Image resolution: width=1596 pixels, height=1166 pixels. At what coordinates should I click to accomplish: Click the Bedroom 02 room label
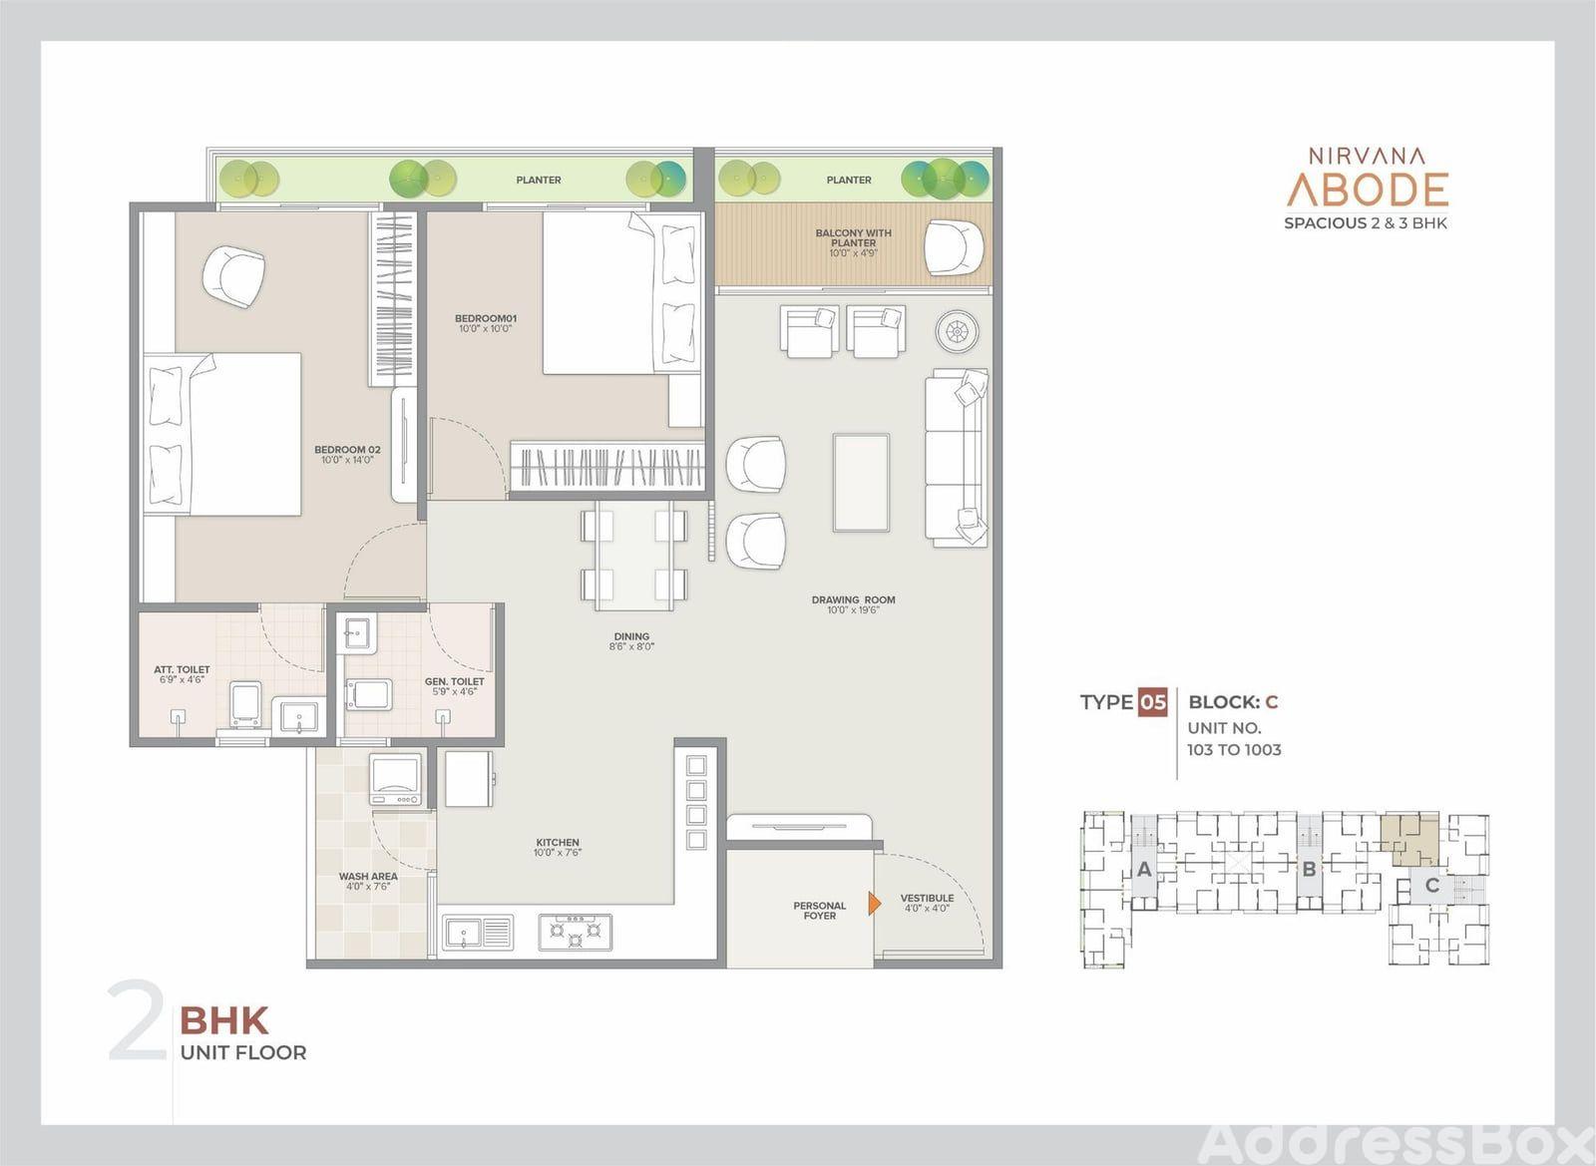coord(347,455)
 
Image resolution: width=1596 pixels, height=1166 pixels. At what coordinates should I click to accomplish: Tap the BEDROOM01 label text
coord(485,323)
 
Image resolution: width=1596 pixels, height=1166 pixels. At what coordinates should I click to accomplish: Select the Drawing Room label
coord(853,604)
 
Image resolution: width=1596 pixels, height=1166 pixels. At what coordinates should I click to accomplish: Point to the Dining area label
coord(631,641)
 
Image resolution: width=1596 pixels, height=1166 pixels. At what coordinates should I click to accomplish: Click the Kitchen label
coord(558,848)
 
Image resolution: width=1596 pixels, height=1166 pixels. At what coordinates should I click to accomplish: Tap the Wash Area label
coord(368,882)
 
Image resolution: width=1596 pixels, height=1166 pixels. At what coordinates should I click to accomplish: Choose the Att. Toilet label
coord(182,674)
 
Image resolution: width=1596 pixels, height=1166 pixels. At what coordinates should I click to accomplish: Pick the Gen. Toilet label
coord(455,686)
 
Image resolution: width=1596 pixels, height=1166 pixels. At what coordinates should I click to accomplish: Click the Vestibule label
coord(927,903)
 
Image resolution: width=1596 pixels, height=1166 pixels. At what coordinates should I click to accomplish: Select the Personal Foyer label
coord(819,911)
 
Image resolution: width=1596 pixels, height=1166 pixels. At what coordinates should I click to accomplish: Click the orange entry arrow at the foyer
coord(874,903)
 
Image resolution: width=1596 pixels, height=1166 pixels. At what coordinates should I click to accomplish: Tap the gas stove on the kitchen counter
coord(575,933)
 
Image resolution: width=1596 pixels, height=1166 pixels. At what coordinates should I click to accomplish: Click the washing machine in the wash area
coord(395,780)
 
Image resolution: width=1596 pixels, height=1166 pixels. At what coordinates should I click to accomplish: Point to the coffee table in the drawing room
coord(861,482)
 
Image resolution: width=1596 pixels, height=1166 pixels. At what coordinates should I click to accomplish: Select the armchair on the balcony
coord(954,247)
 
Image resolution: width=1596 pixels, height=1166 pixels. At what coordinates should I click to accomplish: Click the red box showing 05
coord(1152,703)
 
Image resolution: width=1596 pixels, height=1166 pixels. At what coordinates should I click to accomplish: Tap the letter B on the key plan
coord(1308,869)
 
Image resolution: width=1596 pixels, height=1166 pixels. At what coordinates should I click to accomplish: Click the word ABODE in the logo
coord(1368,190)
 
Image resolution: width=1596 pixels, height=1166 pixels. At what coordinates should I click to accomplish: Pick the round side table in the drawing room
coord(957,332)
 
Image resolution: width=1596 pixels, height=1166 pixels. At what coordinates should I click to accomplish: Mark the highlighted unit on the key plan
coord(1408,838)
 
